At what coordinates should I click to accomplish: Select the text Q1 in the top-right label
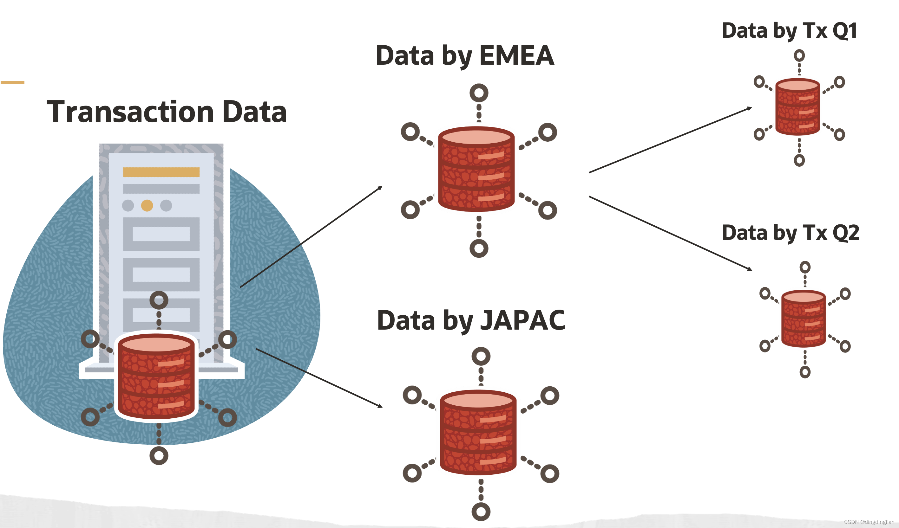point(844,31)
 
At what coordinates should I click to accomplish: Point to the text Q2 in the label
point(845,233)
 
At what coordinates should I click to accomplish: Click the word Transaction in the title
point(130,112)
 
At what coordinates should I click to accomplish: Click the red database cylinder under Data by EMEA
point(476,169)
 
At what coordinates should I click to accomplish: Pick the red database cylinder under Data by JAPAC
point(478,433)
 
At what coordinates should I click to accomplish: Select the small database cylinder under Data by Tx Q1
point(798,107)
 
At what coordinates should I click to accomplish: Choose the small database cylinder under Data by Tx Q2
point(804,319)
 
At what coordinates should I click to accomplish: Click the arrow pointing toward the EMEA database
point(310,237)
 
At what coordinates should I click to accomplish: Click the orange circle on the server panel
point(147,206)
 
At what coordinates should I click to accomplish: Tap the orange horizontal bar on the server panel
point(161,172)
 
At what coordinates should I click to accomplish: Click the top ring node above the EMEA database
point(479,93)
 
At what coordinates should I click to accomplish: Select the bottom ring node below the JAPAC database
point(481,512)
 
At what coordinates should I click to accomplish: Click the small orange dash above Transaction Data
point(12,82)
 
